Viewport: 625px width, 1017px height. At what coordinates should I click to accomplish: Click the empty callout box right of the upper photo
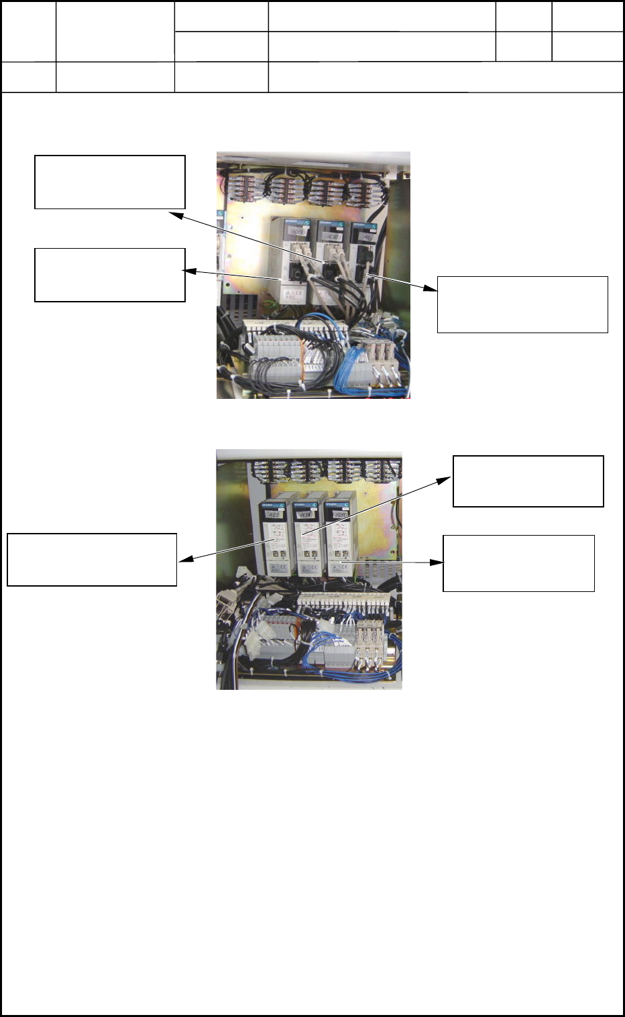522,304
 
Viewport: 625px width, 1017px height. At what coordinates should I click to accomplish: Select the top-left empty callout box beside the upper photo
109,182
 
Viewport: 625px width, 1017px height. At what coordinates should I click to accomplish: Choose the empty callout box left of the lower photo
92,560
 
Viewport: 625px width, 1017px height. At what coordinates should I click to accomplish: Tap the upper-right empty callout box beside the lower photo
528,481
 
